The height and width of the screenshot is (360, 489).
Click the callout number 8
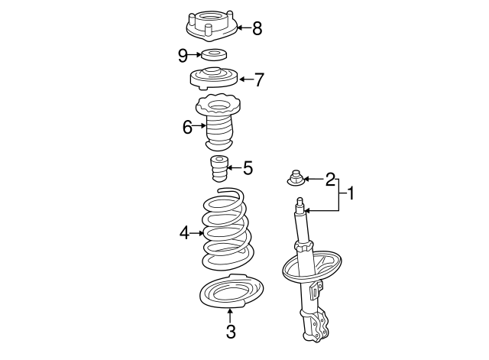[257, 29]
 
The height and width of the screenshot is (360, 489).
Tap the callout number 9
[183, 54]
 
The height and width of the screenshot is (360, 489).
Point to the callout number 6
[187, 127]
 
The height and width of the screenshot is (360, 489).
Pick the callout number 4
[184, 232]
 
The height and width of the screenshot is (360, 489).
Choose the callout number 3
[231, 331]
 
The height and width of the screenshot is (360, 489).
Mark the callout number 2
[330, 180]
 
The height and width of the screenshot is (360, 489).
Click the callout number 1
[351, 194]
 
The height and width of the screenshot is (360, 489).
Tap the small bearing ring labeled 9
[212, 54]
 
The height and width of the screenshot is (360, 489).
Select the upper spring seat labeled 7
[213, 79]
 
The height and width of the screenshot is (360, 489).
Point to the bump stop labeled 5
[220, 170]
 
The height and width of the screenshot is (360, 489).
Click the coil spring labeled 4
[225, 229]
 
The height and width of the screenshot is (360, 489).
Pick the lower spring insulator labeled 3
[232, 292]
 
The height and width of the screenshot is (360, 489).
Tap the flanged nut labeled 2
[296, 178]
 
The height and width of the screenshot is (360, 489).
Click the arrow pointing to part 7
[245, 79]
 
